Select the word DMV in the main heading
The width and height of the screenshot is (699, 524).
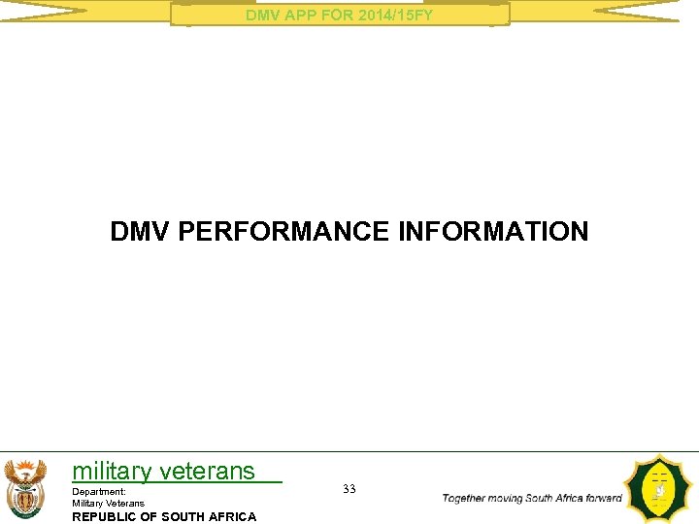(x=142, y=232)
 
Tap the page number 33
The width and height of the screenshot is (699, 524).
(x=349, y=489)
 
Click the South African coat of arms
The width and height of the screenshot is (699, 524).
(x=25, y=488)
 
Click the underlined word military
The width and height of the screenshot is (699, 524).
(x=112, y=472)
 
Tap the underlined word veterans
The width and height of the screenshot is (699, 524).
(x=207, y=472)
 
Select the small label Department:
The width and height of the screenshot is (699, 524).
(x=99, y=492)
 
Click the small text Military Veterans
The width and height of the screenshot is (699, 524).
(x=109, y=503)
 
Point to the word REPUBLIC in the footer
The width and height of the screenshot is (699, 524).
(x=106, y=516)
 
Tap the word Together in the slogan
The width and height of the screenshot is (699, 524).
(x=468, y=498)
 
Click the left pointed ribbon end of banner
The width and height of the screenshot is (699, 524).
(x=44, y=12)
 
